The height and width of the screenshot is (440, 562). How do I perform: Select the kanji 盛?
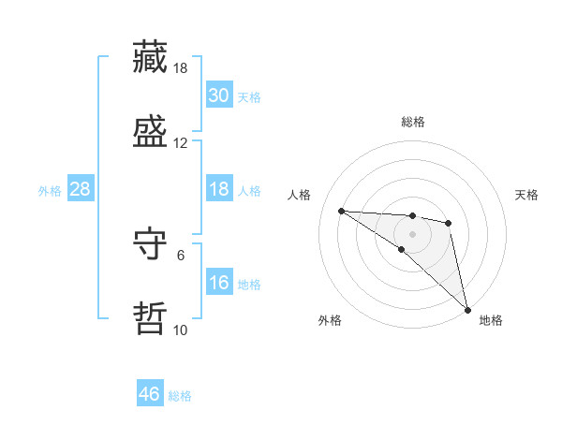151,132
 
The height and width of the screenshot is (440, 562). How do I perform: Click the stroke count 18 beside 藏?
181,68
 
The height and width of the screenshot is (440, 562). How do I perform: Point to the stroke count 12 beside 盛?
181,143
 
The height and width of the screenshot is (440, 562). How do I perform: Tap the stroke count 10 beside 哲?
181,330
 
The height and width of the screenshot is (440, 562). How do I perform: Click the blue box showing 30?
218,95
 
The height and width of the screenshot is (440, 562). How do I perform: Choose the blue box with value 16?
218,283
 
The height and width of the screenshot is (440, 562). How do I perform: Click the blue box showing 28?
81,189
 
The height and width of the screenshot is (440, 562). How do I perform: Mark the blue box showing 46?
150,394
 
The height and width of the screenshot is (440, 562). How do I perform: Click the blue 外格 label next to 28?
50,191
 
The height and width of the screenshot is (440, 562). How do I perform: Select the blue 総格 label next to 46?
181,396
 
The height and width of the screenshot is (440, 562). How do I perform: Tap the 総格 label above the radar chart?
413,122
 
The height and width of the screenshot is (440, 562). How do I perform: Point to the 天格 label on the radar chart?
527,195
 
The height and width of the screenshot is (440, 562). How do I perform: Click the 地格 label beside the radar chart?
491,320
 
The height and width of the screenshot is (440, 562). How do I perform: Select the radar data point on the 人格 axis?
342,211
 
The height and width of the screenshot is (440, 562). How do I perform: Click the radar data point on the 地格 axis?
466,309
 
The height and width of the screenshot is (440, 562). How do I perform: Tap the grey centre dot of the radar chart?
413,234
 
